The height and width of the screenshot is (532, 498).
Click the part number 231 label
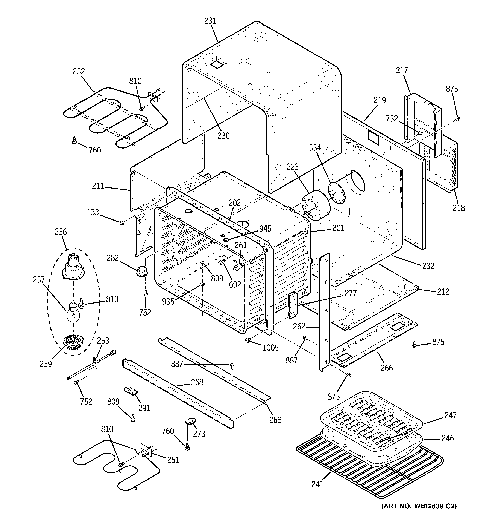(210, 21)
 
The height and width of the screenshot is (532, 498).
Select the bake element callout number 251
(173, 460)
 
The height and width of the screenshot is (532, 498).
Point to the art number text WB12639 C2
(419, 506)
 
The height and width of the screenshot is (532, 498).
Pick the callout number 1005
(270, 348)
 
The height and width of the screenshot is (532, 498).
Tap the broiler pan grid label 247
(450, 415)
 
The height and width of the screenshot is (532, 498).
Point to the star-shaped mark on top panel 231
(244, 61)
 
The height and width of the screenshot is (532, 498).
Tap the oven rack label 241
(317, 484)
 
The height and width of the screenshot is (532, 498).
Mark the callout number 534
(315, 147)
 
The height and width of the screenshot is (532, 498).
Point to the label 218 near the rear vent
(459, 208)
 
